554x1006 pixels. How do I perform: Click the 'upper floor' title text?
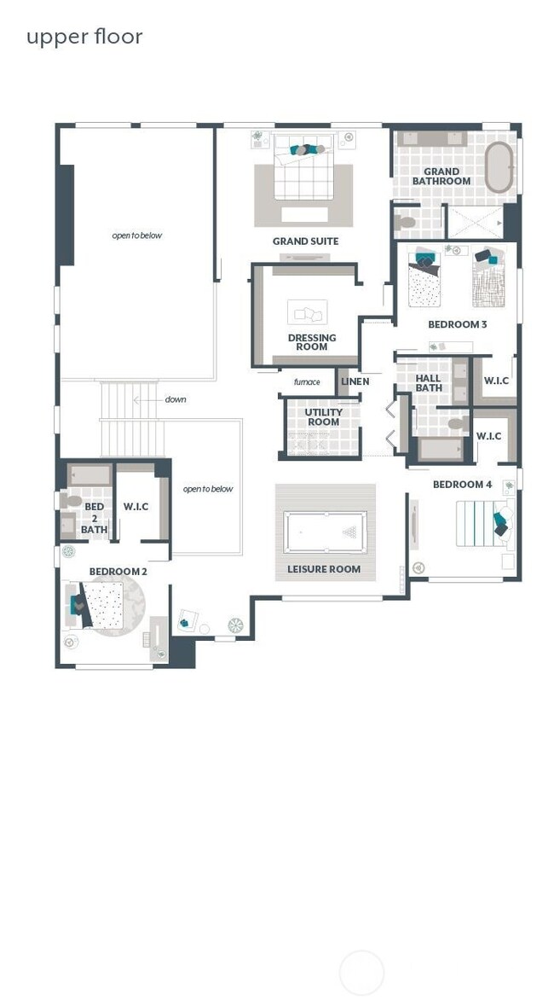(84, 37)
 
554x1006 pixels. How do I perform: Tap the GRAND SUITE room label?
(305, 241)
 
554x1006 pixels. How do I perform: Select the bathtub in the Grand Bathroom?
(499, 166)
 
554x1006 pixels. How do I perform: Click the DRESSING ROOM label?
(312, 342)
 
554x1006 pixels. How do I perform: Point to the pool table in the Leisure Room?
(325, 532)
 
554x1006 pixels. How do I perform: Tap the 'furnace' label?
(307, 382)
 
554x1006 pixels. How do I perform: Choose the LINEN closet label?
(355, 381)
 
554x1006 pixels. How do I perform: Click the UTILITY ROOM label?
(323, 417)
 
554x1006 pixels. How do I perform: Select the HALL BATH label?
(429, 383)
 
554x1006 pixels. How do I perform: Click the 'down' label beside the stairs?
(176, 399)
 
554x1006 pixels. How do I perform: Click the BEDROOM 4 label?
(462, 485)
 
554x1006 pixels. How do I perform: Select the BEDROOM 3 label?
(458, 325)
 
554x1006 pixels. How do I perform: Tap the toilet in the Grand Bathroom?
(407, 223)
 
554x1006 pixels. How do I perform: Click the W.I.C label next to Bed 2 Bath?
(136, 507)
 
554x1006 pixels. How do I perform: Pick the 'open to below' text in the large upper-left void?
(136, 236)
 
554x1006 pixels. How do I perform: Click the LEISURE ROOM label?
(324, 569)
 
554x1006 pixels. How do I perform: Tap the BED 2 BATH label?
(94, 518)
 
